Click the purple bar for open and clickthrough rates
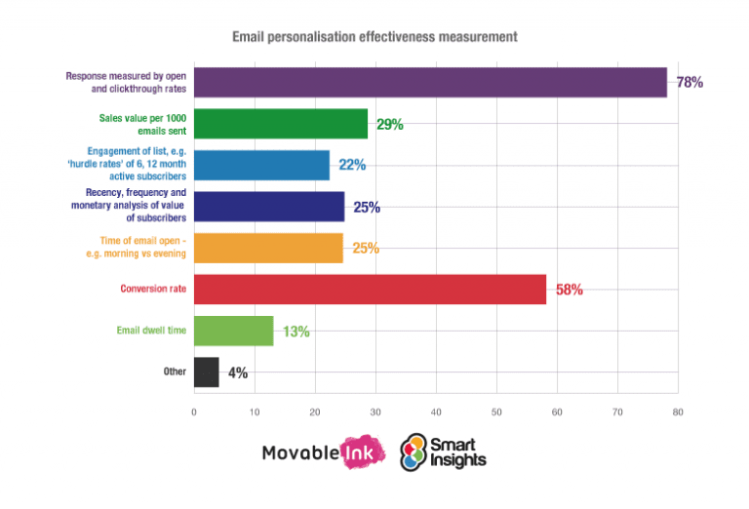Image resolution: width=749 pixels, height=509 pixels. [x=429, y=82]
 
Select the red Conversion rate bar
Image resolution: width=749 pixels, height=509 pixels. [x=370, y=290]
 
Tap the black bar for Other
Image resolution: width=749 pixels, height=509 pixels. [x=207, y=372]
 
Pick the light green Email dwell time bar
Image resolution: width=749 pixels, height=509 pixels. [x=234, y=331]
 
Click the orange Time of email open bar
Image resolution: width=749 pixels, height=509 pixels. [x=268, y=248]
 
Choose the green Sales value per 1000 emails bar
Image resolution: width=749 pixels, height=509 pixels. [x=281, y=124]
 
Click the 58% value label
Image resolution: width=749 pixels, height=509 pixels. [x=569, y=290]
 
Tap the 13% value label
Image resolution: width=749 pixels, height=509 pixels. [x=296, y=332]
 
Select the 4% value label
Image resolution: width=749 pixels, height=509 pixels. [x=237, y=372]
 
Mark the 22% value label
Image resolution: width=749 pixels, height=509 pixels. [x=352, y=166]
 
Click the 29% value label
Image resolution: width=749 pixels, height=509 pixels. [x=390, y=124]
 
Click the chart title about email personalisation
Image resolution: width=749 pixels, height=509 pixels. [x=374, y=37]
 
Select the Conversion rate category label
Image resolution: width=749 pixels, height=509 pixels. [x=153, y=290]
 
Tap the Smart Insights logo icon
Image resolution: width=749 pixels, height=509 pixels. [x=415, y=451]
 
